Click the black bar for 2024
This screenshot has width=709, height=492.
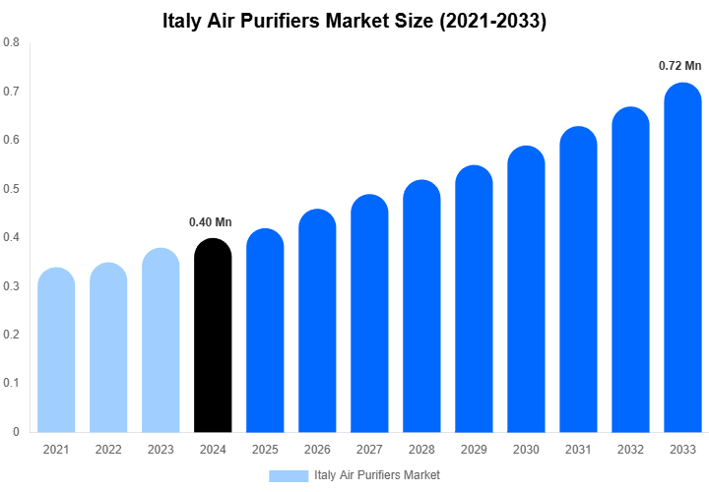click(213, 336)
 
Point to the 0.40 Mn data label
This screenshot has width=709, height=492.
click(211, 221)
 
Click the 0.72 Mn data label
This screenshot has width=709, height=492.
click(679, 66)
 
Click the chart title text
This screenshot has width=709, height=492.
click(354, 21)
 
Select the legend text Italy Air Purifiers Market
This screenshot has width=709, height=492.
click(377, 475)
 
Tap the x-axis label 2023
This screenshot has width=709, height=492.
click(161, 450)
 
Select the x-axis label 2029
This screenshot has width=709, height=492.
click(474, 450)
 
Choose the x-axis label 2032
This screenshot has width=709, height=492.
click(630, 450)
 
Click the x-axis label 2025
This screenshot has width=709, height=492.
click(265, 450)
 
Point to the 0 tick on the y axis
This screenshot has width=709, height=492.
click(16, 431)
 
